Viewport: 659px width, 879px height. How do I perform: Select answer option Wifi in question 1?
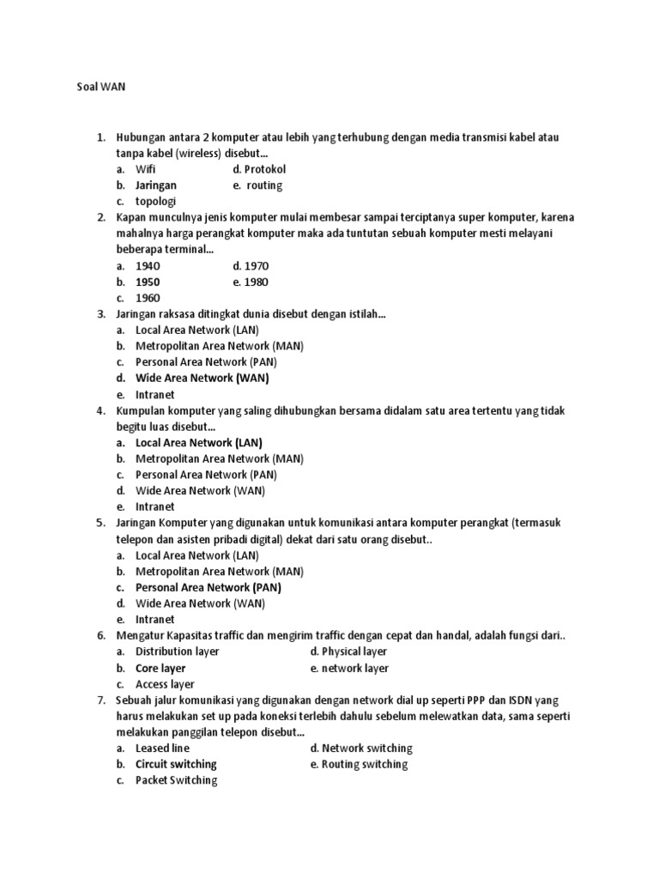[x=147, y=169]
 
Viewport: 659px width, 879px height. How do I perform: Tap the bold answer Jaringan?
[x=156, y=185]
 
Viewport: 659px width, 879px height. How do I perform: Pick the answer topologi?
[x=155, y=202]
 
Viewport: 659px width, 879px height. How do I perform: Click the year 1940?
[x=148, y=266]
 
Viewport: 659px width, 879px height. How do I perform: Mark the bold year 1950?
[x=148, y=282]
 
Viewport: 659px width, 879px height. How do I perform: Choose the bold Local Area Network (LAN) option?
[x=199, y=443]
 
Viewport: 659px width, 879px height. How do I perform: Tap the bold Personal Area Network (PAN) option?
[x=209, y=588]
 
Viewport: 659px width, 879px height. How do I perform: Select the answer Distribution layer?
[x=177, y=652]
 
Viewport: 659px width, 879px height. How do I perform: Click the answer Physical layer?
[x=349, y=652]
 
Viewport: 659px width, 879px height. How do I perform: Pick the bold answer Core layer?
[x=160, y=668]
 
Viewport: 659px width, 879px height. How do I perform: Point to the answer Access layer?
[x=165, y=684]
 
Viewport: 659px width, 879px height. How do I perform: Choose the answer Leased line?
[x=162, y=749]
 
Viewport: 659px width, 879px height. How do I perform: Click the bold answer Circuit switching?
[x=176, y=764]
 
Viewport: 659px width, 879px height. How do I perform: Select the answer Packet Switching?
[x=176, y=780]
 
